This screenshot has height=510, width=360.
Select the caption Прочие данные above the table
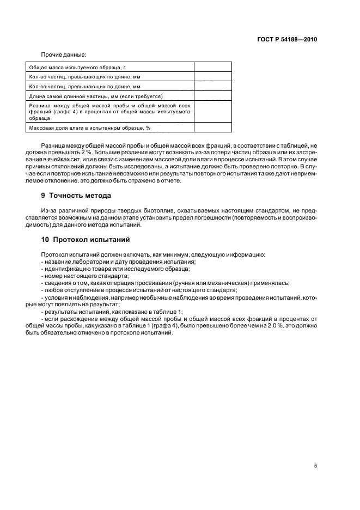tap(63, 54)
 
